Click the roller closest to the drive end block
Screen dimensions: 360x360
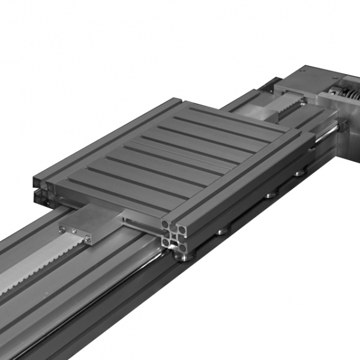pos(298,174)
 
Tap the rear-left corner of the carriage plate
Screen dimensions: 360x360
pos(36,178)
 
